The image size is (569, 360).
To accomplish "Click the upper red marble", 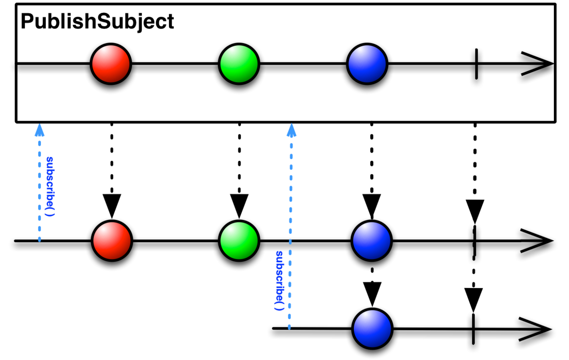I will [x=111, y=64].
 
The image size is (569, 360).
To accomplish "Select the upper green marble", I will [x=239, y=64].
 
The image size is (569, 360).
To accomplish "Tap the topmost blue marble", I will [x=367, y=64].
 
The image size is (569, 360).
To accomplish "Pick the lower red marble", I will [x=112, y=241].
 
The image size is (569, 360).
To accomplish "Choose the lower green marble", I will [x=239, y=241].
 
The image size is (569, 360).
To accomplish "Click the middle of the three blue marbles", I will [x=371, y=241].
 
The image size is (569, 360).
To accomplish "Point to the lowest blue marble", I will [x=372, y=329].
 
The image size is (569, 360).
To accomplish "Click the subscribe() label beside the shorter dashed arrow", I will [x=50, y=186].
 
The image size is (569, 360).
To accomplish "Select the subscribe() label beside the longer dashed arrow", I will [x=279, y=281].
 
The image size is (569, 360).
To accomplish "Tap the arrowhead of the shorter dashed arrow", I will [x=39, y=130].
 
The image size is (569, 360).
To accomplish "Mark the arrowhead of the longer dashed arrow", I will [x=291, y=130].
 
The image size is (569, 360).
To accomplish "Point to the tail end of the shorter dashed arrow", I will [x=39, y=239].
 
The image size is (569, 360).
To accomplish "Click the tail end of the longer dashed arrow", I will [x=289, y=327].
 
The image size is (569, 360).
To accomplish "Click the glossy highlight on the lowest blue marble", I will [x=367, y=319].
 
